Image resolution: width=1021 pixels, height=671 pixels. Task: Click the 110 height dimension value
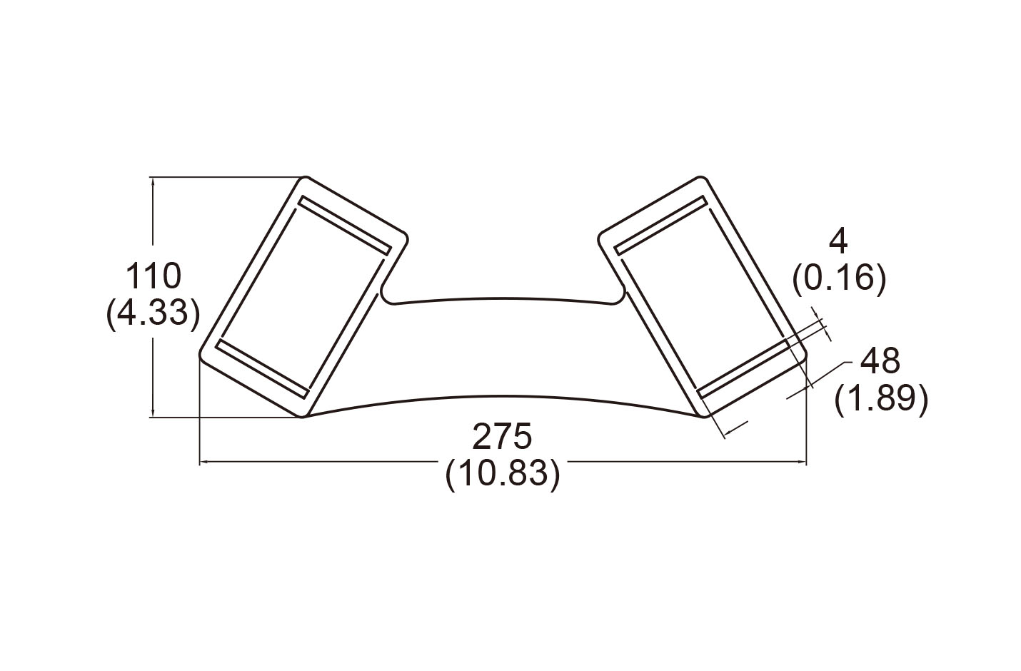click(153, 276)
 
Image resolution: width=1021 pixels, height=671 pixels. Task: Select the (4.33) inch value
click(153, 313)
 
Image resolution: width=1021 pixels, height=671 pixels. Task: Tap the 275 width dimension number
click(502, 436)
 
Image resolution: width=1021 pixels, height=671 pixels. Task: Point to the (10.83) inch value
click(503, 474)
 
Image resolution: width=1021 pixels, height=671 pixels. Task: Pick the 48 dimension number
click(880, 360)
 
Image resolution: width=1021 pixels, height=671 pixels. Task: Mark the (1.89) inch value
click(881, 399)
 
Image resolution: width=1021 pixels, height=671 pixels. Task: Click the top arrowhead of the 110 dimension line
click(153, 181)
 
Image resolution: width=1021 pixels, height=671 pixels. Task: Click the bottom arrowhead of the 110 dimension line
click(153, 412)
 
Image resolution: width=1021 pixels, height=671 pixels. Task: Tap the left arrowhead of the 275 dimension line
click(205, 463)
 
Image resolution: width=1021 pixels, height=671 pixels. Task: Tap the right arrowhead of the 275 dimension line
click(801, 463)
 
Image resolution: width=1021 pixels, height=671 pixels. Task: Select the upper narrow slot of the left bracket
click(345, 225)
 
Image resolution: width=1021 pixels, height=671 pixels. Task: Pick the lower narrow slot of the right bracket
click(743, 368)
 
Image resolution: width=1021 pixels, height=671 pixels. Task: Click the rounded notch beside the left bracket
click(388, 296)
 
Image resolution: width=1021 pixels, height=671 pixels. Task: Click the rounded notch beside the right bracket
click(618, 296)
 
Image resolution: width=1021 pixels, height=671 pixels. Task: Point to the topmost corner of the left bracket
click(306, 176)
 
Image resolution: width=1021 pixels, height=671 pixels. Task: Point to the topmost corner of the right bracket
click(700, 176)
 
